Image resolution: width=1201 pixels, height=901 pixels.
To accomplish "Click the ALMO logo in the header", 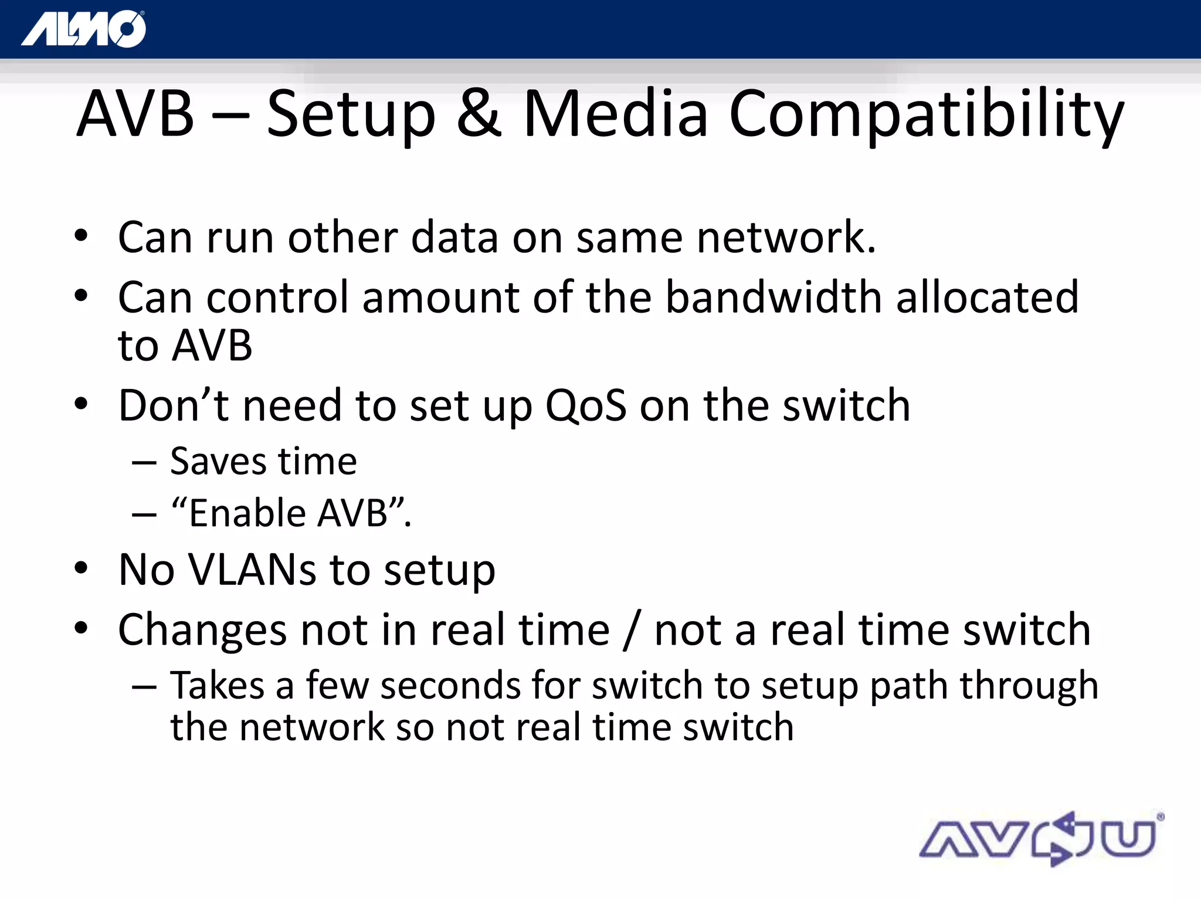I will pos(83,29).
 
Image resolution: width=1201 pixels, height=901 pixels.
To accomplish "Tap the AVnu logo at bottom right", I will pos(1041,839).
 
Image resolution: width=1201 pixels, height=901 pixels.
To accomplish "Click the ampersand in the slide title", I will pos(479,113).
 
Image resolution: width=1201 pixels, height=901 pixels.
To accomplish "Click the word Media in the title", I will pos(615,113).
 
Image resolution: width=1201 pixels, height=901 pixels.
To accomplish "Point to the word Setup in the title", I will pos(351,114).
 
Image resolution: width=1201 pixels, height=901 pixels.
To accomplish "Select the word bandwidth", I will pos(773,297).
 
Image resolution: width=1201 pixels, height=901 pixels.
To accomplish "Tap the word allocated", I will pos(987,297).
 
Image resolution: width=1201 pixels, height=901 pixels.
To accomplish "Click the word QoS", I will pos(586,407).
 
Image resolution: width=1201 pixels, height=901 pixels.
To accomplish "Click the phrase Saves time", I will pos(263,462).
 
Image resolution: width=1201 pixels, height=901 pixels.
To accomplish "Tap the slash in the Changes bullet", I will pos(632,631).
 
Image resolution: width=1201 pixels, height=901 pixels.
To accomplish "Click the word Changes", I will pos(202,631).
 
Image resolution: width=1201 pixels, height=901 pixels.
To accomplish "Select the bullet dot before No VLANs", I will pos(81,568).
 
